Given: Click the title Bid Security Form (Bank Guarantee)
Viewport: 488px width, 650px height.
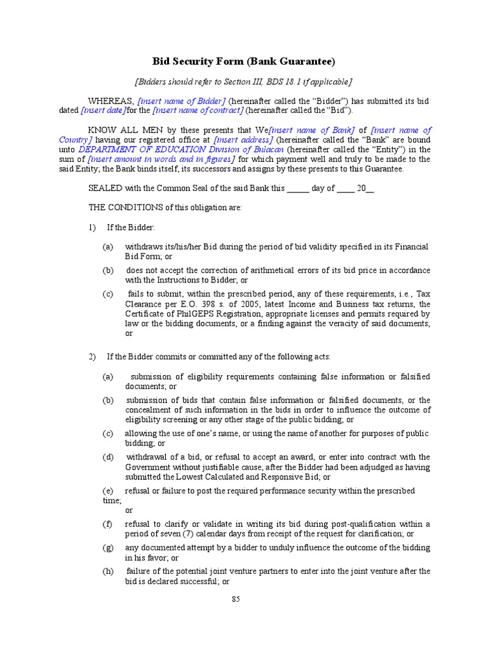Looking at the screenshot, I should pos(243,62).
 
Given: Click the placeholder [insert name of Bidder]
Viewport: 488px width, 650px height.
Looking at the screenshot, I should pos(182,100).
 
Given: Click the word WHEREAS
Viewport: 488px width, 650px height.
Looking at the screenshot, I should pos(111,100).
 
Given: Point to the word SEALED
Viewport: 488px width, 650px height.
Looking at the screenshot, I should pos(102,189).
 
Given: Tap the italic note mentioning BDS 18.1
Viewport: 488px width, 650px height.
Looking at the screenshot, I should pos(243,82).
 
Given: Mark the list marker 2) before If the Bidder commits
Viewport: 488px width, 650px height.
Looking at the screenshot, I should pos(92,357).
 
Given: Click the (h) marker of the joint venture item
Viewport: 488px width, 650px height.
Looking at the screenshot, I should pos(108,571).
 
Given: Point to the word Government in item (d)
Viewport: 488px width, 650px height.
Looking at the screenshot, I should pos(149,467).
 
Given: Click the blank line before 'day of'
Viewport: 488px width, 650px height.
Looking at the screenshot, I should pos(298,189).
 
